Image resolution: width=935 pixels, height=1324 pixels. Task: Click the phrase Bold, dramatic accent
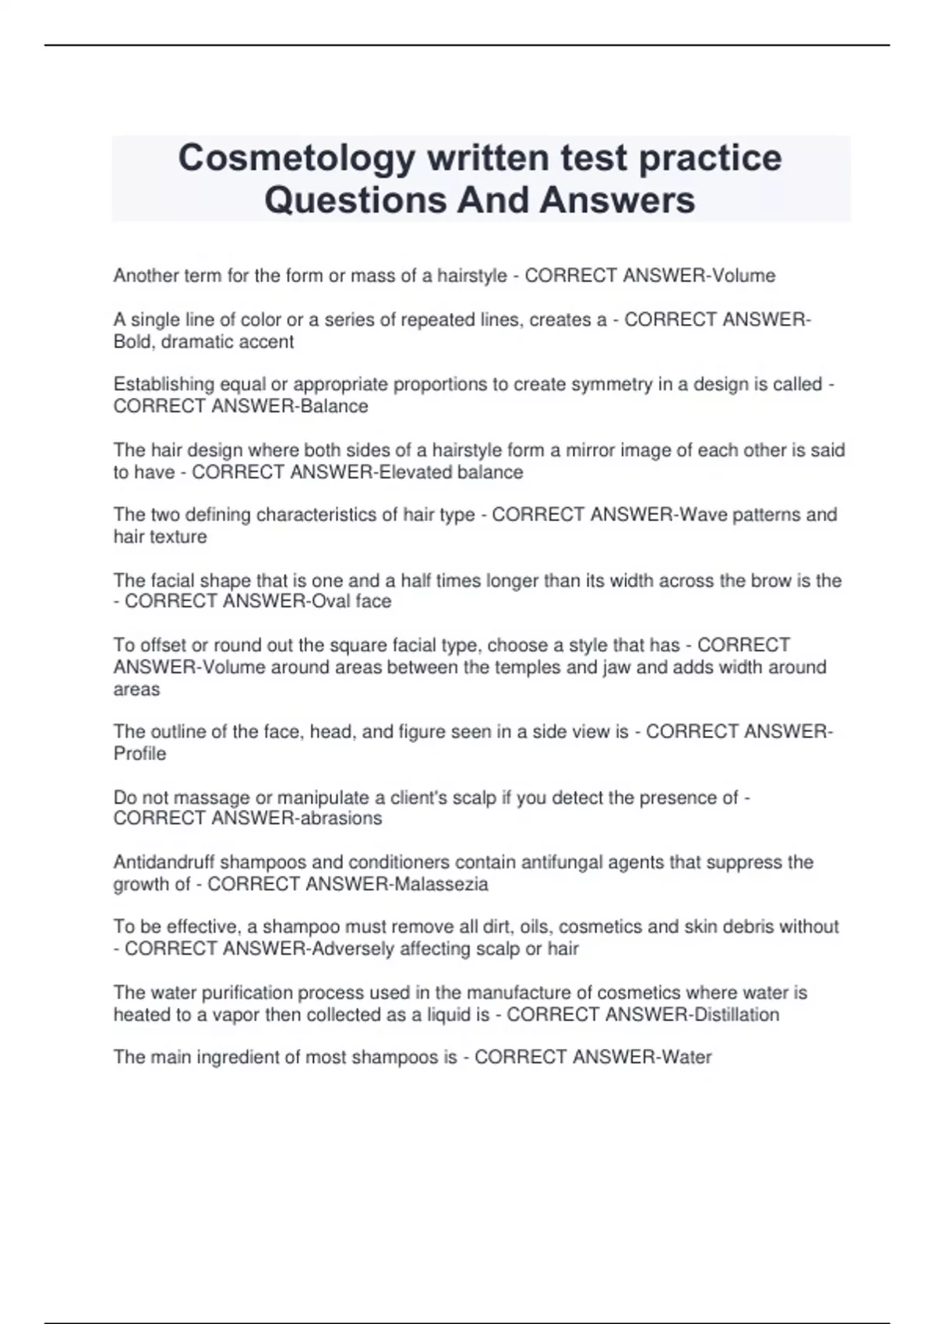pyautogui.click(x=203, y=342)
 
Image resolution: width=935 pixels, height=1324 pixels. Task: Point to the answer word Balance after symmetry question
pyautogui.click(x=334, y=407)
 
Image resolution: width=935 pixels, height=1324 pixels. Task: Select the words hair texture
pyautogui.click(x=160, y=537)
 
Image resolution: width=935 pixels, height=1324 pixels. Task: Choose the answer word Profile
pyautogui.click(x=139, y=754)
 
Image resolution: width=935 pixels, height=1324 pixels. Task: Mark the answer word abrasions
pyautogui.click(x=341, y=819)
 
